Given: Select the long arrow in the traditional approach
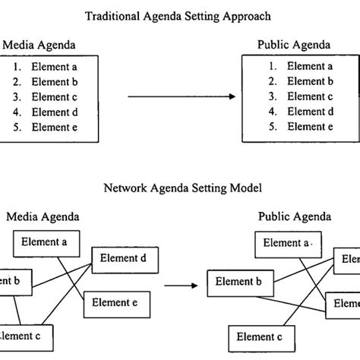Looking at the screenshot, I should [x=180, y=97].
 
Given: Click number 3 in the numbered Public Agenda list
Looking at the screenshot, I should [x=271, y=96].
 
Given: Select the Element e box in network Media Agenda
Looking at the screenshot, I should [x=115, y=302].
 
